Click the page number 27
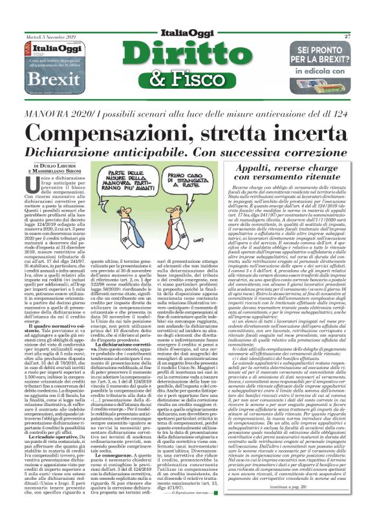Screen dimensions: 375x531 [347, 37]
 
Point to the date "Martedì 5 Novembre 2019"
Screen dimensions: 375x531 [51, 37]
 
